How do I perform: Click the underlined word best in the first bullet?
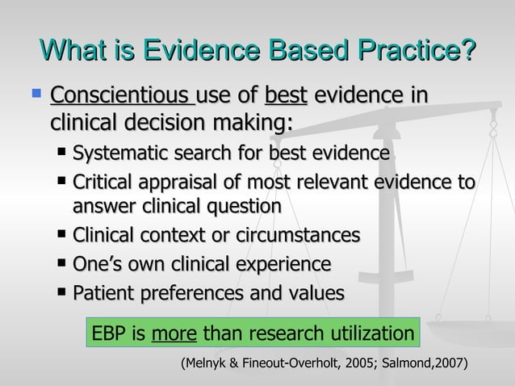point(287,99)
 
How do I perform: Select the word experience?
point(279,264)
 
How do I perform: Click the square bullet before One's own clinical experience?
point(63,263)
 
